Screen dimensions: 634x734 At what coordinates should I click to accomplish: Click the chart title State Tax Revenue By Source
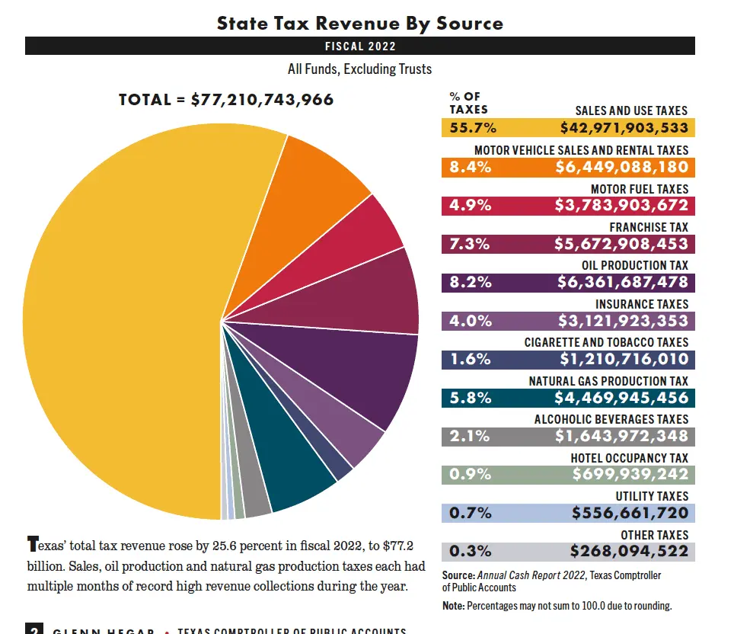coord(359,23)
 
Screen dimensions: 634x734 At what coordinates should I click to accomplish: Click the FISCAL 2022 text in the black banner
coord(359,46)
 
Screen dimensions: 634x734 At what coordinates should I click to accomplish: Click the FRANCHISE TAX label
coord(649,227)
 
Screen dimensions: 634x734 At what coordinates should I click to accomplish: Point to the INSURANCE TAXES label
coord(641,304)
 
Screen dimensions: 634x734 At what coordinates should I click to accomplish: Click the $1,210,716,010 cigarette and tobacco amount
coord(624,360)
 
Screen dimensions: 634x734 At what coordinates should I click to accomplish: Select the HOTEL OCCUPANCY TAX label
coord(629,458)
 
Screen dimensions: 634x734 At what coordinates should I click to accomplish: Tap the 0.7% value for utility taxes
coord(470,514)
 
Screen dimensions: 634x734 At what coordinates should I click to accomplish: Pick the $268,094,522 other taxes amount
coord(629,552)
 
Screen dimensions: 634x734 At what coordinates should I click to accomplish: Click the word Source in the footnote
coord(458,575)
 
